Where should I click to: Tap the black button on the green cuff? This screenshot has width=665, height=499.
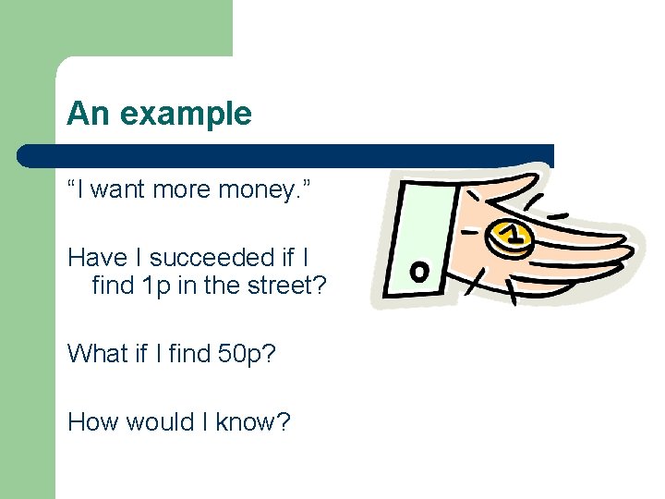click(x=418, y=271)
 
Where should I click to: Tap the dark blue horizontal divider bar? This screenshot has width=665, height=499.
click(x=286, y=155)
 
